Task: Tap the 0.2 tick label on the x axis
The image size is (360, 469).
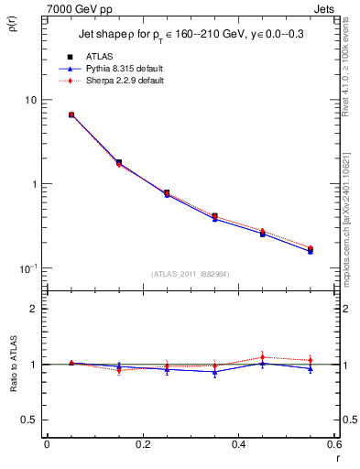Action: [x=142, y=444]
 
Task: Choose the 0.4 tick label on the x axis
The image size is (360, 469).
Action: [x=238, y=444]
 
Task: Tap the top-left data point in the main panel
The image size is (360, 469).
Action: [x=71, y=115]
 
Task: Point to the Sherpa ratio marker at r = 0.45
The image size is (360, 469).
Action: [x=263, y=357]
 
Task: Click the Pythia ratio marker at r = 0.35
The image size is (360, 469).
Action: [x=214, y=372]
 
